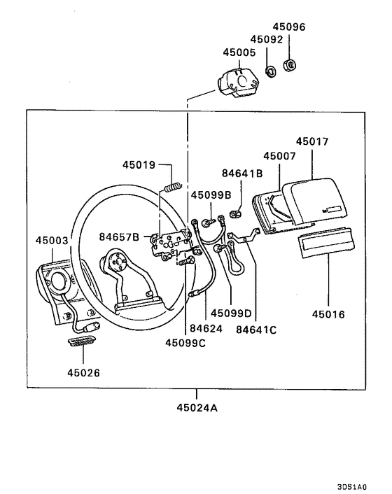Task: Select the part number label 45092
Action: [267, 40]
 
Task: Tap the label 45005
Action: [239, 52]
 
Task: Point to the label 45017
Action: [311, 141]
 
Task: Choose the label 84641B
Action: [242, 172]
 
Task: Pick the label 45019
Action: [139, 165]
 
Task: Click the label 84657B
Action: [119, 237]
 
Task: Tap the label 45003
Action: [52, 240]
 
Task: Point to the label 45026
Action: [83, 373]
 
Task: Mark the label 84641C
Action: [256, 328]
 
